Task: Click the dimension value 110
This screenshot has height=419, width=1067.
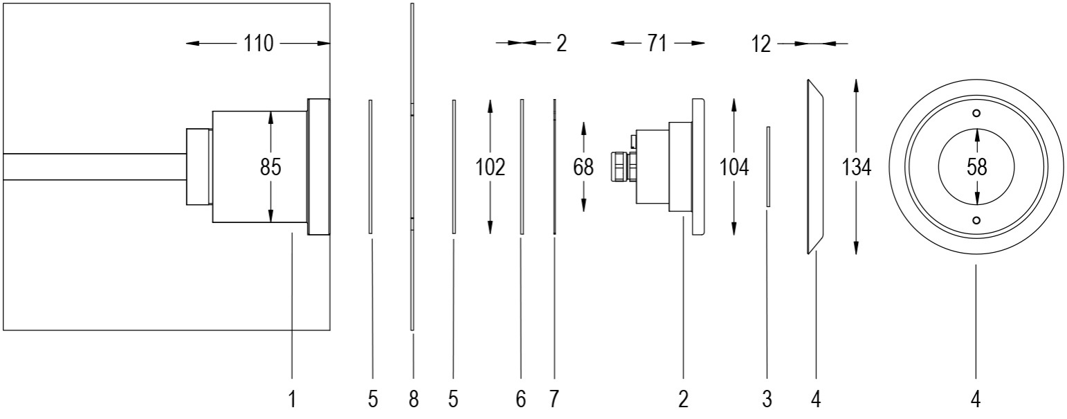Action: pyautogui.click(x=259, y=44)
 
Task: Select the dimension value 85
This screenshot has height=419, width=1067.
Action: pyautogui.click(x=271, y=168)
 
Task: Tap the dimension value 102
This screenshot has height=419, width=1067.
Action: pyautogui.click(x=490, y=168)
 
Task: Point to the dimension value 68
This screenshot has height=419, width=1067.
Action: pyautogui.click(x=584, y=168)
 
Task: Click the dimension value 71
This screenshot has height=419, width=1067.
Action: pyautogui.click(x=657, y=44)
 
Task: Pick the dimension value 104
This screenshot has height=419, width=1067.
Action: pyautogui.click(x=733, y=168)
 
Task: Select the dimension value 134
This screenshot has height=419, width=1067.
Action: pyautogui.click(x=857, y=168)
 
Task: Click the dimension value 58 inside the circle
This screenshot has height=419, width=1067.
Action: pyautogui.click(x=976, y=168)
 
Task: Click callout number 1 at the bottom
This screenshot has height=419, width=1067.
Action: pyautogui.click(x=292, y=400)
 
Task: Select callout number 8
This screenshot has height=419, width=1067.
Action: pyautogui.click(x=413, y=400)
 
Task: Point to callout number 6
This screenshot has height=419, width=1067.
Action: pyautogui.click(x=521, y=400)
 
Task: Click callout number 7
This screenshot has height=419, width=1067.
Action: pyautogui.click(x=554, y=400)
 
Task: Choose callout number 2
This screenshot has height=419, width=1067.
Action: pyautogui.click(x=683, y=400)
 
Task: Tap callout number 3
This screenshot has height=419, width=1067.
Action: pyautogui.click(x=767, y=400)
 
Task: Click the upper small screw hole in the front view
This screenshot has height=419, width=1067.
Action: pyautogui.click(x=976, y=114)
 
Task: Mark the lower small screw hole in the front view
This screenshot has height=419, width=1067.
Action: pyautogui.click(x=976, y=220)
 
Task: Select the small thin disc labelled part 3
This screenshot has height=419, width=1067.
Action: pyautogui.click(x=768, y=166)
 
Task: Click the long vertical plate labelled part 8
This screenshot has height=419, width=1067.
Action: pyautogui.click(x=412, y=166)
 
